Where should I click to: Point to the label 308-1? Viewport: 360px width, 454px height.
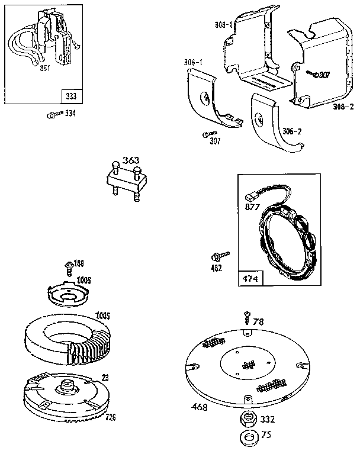click(x=223, y=25)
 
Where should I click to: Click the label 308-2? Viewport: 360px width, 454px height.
click(x=344, y=107)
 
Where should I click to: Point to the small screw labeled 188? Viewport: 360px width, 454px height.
click(x=70, y=265)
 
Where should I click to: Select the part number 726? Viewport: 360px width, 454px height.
click(x=110, y=417)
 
